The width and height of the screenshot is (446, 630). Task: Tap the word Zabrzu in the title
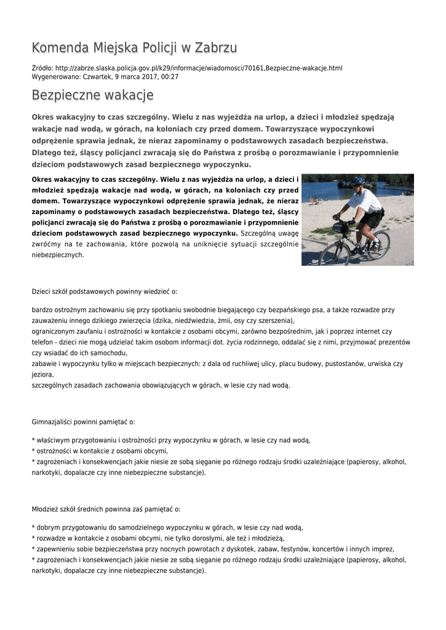216,48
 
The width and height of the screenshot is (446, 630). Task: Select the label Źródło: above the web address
42,68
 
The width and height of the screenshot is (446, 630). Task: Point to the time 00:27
169,77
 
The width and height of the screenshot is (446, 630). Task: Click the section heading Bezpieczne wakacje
92,95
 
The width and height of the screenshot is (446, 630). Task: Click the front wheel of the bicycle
335,252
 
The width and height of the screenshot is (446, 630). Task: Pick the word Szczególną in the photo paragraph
260,234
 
